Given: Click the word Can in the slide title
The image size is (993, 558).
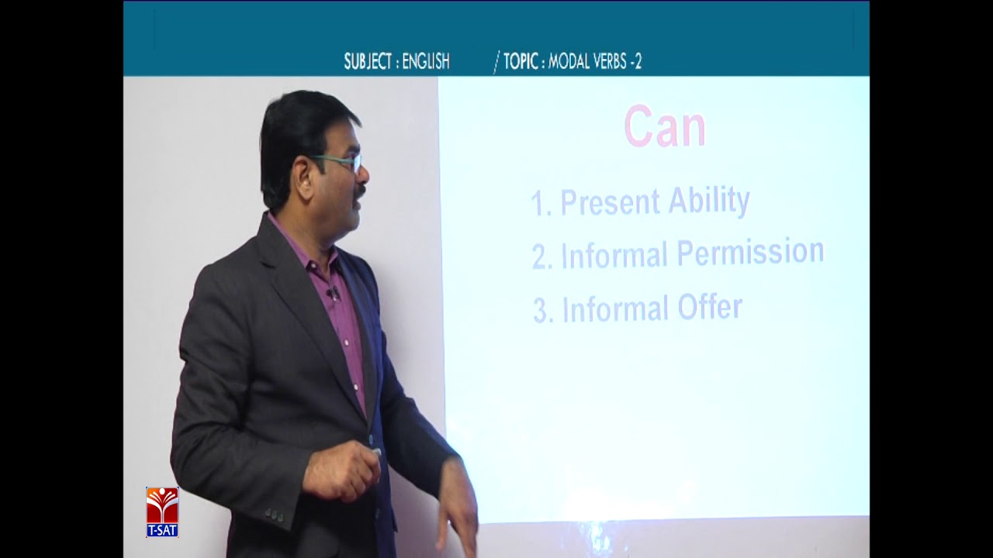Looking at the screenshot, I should [x=665, y=128].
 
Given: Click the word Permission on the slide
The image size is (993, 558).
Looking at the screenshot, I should [x=750, y=253].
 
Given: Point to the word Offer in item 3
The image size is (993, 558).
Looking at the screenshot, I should [x=710, y=308].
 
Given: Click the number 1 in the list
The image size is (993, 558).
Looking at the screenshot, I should [x=538, y=205].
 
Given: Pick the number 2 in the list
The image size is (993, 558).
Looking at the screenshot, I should [x=540, y=258].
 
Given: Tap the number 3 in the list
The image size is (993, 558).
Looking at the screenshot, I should [x=541, y=312].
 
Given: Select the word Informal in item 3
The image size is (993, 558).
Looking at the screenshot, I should [x=615, y=309].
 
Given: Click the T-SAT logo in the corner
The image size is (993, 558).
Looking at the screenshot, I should [x=162, y=511].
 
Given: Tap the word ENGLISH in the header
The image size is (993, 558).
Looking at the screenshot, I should [x=426, y=62].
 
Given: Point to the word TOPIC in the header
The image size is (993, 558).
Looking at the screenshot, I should [x=521, y=62].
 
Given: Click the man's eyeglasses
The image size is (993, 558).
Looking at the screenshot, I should [x=339, y=162].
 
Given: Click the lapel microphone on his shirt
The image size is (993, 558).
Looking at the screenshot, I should [x=334, y=294].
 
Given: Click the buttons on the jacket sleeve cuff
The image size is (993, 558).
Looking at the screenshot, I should [x=274, y=514].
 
